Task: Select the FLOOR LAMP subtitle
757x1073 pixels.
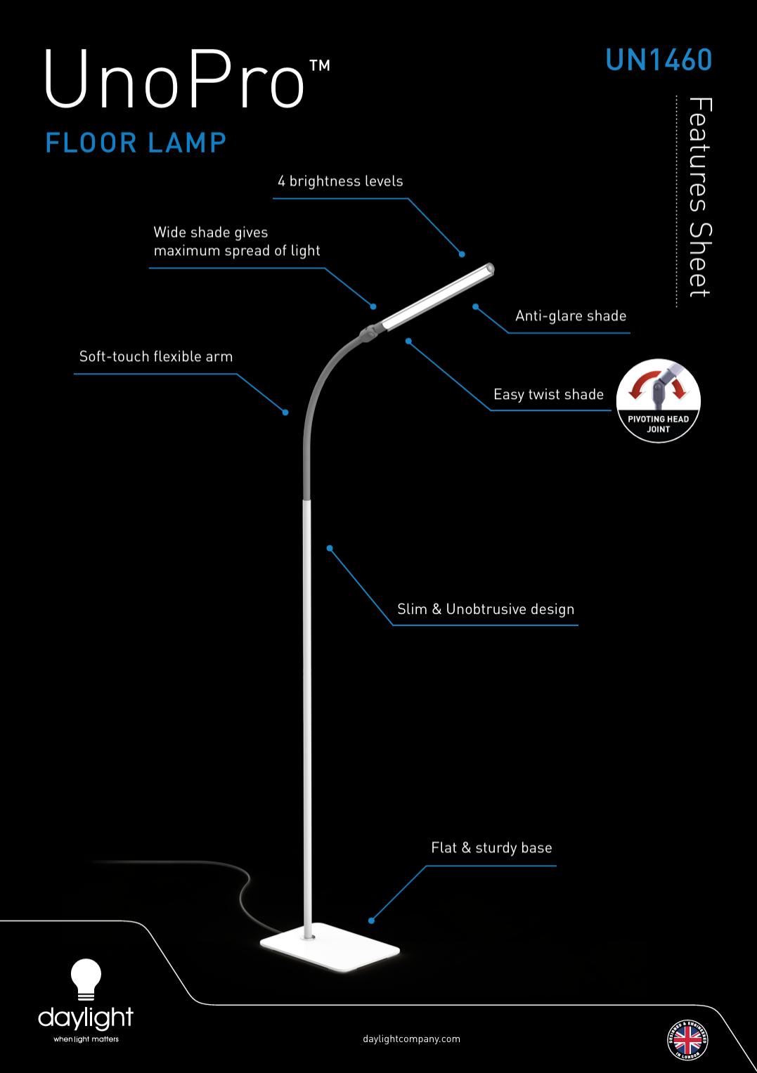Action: click(136, 143)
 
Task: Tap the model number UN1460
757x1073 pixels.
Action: click(659, 60)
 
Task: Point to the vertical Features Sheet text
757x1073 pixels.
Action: click(700, 197)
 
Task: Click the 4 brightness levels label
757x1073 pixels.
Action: click(340, 181)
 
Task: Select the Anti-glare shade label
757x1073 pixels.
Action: click(571, 316)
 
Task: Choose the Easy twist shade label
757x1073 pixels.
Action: click(548, 394)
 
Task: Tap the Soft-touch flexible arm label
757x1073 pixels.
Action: click(156, 356)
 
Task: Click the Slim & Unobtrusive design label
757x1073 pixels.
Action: click(486, 609)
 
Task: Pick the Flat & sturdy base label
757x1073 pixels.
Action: click(491, 848)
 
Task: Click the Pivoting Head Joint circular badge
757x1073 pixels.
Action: click(659, 401)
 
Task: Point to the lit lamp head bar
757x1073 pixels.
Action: click(437, 297)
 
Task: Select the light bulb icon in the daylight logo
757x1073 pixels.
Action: click(86, 979)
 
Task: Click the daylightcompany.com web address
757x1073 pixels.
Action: click(412, 1039)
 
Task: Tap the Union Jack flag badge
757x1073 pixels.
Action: click(688, 1040)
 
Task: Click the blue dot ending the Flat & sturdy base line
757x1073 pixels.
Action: click(371, 921)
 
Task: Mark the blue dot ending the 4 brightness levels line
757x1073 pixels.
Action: click(462, 254)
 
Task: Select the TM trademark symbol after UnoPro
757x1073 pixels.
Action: click(320, 65)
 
